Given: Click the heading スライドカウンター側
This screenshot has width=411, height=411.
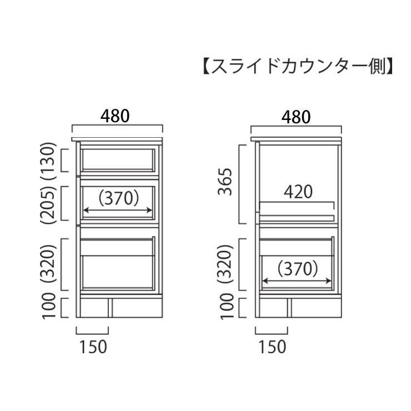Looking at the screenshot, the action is pos(298,66).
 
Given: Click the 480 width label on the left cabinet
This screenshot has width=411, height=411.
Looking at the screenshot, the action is pos(115,116).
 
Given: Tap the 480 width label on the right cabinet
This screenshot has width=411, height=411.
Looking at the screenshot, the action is pos(296,117).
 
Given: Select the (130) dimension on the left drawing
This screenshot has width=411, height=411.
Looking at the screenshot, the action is pos(48,161).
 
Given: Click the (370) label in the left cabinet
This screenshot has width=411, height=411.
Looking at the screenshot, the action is pos(118,198).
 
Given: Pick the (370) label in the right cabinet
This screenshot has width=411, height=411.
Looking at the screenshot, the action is pos(298,269).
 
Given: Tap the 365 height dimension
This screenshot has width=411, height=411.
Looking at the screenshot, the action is pos(225,182).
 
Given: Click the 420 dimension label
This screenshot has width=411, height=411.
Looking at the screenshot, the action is pos(298,192).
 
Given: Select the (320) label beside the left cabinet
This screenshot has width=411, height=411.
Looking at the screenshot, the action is pos(48,263).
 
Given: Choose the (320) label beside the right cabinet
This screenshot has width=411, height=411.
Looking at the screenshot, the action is pos(225,263).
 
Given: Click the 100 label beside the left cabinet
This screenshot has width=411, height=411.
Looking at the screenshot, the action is pos(49,306).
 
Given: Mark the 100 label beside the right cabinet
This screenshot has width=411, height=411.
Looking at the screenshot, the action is pos(227,306).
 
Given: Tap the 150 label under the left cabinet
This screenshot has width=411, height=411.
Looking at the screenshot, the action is pos(93,347).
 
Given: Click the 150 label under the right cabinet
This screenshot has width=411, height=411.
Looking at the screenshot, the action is pos(272,347).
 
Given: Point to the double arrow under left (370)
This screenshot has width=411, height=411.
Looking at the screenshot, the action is pos(118,210).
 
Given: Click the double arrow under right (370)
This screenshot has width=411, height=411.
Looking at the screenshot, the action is pos(297,281).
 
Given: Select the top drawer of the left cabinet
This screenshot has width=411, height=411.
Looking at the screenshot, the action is pos(117,161).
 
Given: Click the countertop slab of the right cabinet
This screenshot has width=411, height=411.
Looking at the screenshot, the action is pos(296,139).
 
